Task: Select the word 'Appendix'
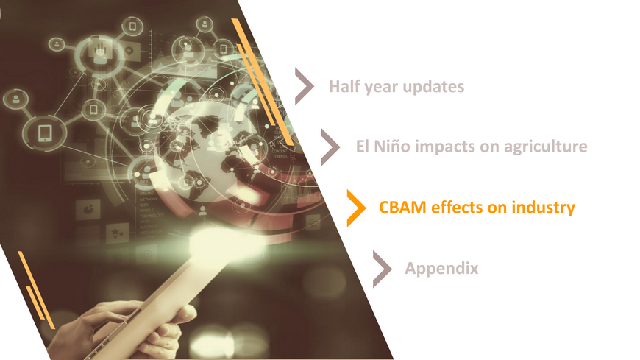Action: (441, 269)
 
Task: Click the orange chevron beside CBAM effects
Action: (356, 208)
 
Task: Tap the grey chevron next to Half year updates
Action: (305, 86)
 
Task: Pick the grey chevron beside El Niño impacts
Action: (330, 147)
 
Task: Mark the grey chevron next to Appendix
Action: (383, 269)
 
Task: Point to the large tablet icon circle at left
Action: (44, 133)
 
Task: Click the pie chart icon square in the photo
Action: (88, 209)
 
